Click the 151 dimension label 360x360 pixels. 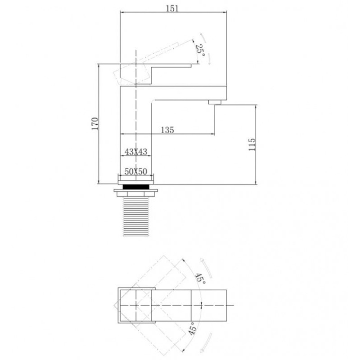[172, 9]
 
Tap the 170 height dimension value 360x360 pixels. [95, 123]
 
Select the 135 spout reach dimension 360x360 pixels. [167, 130]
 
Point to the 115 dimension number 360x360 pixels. [252, 144]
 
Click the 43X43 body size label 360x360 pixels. [136, 152]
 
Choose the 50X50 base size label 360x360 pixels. [136, 171]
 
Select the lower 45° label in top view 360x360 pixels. [193, 328]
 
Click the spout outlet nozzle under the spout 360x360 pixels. [215, 102]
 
